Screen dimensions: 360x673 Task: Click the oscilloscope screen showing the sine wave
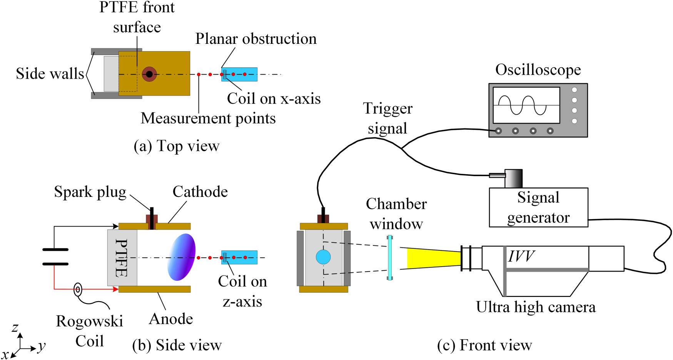click(526, 105)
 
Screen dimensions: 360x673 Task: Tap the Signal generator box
click(538, 208)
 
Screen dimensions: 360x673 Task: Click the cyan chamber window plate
click(390, 257)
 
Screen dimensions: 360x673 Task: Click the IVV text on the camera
click(521, 256)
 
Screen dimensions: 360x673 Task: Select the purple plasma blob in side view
click(182, 257)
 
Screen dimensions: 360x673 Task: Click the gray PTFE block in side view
click(122, 258)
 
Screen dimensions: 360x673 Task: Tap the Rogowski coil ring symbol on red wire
click(78, 289)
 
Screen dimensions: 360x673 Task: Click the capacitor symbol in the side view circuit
click(55, 257)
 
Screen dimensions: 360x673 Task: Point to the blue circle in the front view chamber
click(323, 257)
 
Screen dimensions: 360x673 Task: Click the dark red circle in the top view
click(149, 74)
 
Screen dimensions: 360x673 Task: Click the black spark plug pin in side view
click(152, 218)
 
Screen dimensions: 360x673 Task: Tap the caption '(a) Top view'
click(176, 146)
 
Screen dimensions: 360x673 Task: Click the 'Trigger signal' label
click(387, 118)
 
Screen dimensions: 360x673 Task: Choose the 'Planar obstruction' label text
click(256, 39)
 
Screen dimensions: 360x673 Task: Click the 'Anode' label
click(171, 319)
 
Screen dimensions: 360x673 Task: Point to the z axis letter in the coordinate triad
click(15, 328)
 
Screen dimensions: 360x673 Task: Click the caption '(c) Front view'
click(484, 345)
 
